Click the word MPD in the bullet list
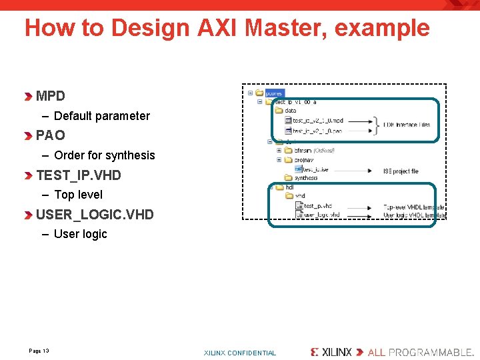(x=51, y=96)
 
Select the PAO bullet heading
(x=51, y=135)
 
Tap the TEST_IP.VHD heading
(x=79, y=175)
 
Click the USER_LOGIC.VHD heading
(x=95, y=215)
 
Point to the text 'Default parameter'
(x=102, y=116)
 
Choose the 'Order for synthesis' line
(x=105, y=155)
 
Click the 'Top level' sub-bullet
(x=79, y=195)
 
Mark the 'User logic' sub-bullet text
(x=81, y=234)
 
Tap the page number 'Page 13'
(x=39, y=351)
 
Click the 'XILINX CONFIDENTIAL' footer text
(x=239, y=353)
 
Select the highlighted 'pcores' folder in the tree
(x=274, y=93)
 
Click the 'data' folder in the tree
(x=291, y=111)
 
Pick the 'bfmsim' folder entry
(x=303, y=151)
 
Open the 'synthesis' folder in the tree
(x=306, y=178)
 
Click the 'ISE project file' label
(x=401, y=171)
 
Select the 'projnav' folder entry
(x=304, y=160)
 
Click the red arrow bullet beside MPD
(x=28, y=97)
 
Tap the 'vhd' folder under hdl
(x=300, y=196)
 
